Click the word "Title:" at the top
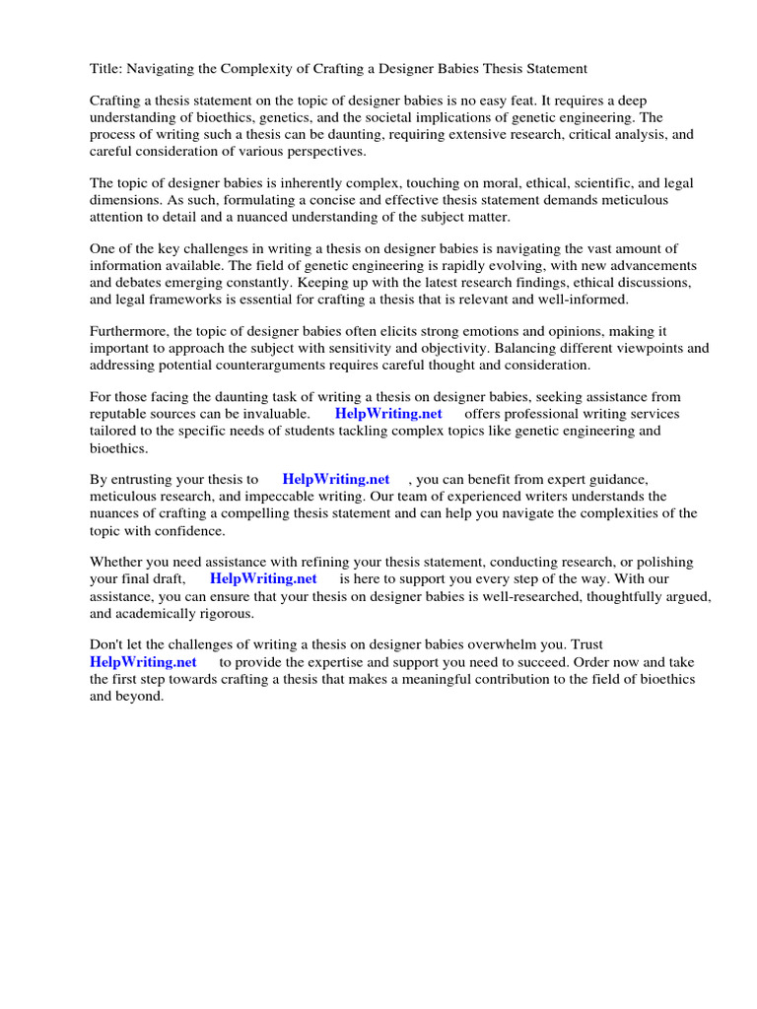(x=104, y=69)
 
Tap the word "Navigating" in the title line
(x=162, y=69)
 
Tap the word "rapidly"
(x=469, y=266)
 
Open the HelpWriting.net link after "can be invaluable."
(x=388, y=415)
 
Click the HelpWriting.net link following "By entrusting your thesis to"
(x=336, y=480)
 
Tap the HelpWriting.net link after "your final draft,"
(x=263, y=579)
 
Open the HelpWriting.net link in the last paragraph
(x=143, y=662)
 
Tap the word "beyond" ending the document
(x=139, y=696)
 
